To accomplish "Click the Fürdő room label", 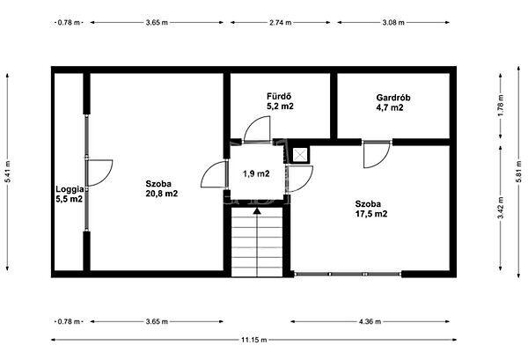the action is click(279, 97).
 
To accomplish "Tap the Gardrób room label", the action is click(393, 98).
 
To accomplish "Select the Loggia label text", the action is click(70, 189).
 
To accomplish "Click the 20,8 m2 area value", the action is click(162, 194).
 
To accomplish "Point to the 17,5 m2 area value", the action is click(371, 214).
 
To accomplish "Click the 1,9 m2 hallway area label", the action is click(256, 173).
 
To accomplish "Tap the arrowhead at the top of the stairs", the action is click(257, 211).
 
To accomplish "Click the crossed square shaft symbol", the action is click(299, 155).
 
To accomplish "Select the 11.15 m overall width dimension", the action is click(254, 340).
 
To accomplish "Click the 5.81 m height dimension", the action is click(518, 172).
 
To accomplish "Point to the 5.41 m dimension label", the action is click(7, 172).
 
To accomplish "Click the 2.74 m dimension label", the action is click(280, 23).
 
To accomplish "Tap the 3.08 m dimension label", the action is click(393, 23).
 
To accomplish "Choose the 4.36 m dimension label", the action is click(370, 321).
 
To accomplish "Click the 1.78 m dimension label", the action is click(501, 106).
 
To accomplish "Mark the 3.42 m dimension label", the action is click(501, 208).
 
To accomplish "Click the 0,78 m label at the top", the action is click(69, 23).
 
